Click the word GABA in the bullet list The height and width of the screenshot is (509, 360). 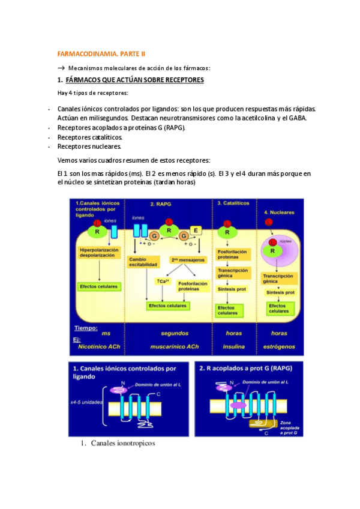tap(298, 118)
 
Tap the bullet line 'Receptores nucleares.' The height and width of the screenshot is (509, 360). tap(89, 146)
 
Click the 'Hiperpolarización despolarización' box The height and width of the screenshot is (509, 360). tap(99, 252)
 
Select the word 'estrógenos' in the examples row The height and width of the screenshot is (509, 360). tap(280, 346)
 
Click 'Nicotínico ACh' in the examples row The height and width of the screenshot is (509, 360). tap(100, 346)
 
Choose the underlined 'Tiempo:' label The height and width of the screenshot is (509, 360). tap(85, 328)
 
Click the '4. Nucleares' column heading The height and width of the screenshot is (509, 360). tap(280, 212)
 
